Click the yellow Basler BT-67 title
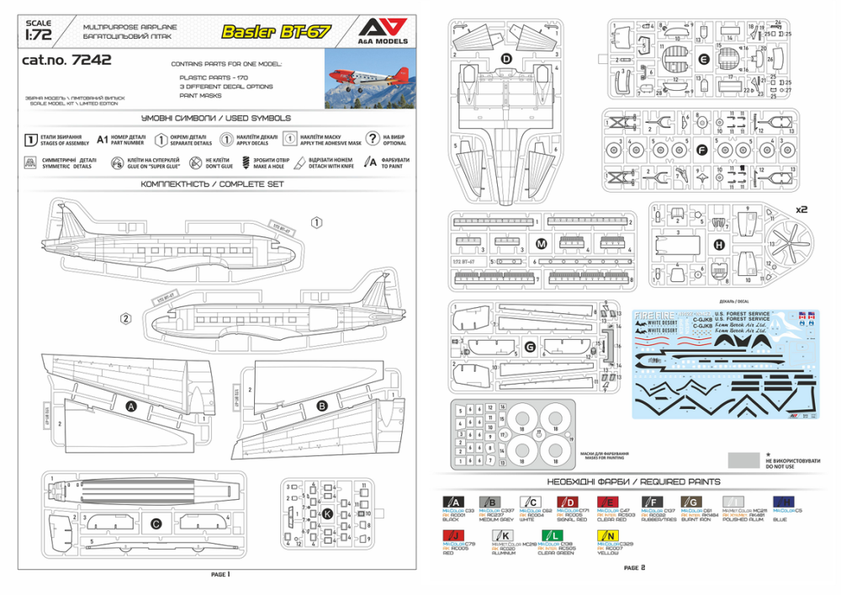(x=276, y=33)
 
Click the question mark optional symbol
(x=371, y=140)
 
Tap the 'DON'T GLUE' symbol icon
(x=196, y=162)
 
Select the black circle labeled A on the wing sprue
(x=131, y=406)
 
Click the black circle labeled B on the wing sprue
(x=321, y=406)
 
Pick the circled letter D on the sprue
(x=506, y=59)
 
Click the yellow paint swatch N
(x=610, y=535)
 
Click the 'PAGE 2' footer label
(x=635, y=568)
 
